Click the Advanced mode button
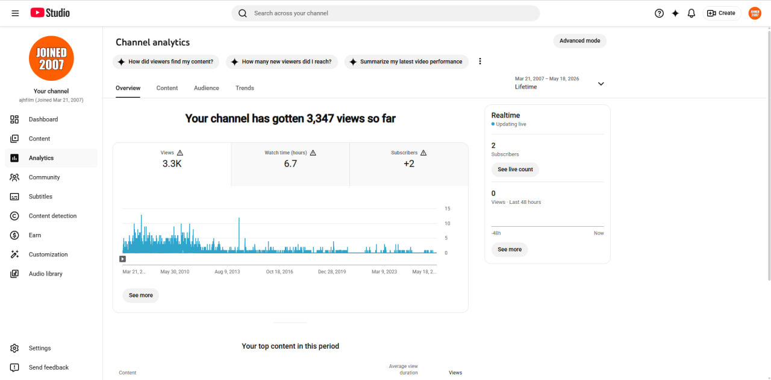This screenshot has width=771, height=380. [x=579, y=40]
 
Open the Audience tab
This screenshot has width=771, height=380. [x=206, y=88]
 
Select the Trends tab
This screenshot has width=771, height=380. [x=245, y=88]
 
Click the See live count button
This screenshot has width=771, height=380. [x=515, y=169]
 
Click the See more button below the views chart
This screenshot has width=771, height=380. [x=141, y=295]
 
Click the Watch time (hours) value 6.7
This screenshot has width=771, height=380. [x=290, y=163]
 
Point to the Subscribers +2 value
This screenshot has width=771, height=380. [x=409, y=163]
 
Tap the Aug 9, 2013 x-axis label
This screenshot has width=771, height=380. [x=227, y=271]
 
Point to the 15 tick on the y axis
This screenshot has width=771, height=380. [x=447, y=209]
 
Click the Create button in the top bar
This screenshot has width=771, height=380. [x=722, y=13]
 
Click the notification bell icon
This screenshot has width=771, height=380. [x=691, y=13]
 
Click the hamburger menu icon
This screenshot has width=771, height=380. [x=15, y=13]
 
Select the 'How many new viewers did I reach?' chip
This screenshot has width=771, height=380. [x=281, y=62]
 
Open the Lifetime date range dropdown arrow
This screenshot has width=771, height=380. [x=601, y=84]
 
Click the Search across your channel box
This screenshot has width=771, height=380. [x=385, y=13]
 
